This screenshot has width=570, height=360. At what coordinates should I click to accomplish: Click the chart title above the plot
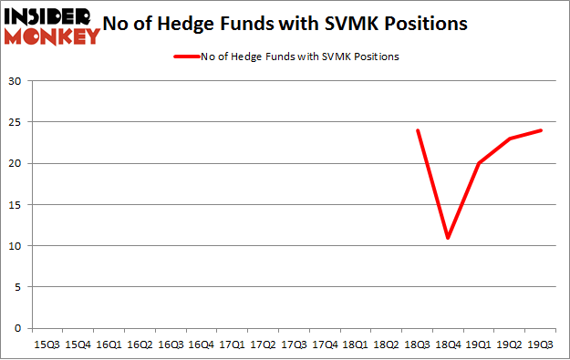tap(292, 25)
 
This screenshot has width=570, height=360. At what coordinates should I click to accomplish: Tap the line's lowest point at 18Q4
tap(448, 238)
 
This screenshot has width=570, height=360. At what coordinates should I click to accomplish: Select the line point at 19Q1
tap(479, 164)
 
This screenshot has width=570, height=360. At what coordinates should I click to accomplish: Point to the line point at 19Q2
tap(510, 139)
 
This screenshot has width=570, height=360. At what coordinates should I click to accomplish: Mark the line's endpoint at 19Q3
tap(541, 130)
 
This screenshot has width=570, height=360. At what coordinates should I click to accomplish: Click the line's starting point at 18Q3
tap(417, 130)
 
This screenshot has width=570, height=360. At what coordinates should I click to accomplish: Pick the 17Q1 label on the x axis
tap(232, 345)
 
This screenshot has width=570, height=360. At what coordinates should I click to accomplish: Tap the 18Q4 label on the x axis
tap(448, 345)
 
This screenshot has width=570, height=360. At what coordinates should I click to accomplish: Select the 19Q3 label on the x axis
tap(541, 345)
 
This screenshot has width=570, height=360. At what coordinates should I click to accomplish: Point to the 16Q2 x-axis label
tap(139, 345)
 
